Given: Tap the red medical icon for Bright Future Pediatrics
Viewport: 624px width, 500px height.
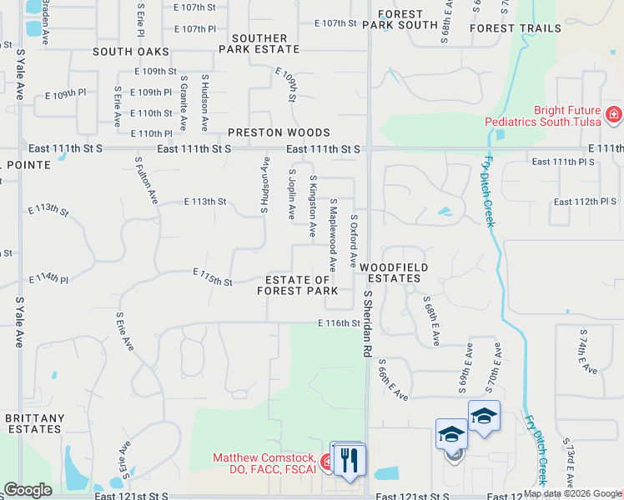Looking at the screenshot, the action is tap(614, 114).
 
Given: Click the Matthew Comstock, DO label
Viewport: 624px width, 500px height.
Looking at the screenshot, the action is tap(264, 463).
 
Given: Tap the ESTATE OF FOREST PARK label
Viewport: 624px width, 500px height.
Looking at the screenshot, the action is tap(298, 285).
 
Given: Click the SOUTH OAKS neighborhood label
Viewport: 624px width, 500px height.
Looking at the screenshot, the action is tap(131, 52).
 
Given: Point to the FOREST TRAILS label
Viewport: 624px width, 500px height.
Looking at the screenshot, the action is tap(516, 28).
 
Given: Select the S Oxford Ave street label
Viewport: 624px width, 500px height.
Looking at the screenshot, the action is tap(354, 242).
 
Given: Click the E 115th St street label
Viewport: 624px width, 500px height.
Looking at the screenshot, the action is tap(212, 277).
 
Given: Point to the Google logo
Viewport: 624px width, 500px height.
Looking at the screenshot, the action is tap(28, 490).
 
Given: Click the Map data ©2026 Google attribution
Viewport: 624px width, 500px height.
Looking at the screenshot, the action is tap(571, 493).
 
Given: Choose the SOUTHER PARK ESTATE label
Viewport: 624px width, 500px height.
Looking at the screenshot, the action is tap(259, 43).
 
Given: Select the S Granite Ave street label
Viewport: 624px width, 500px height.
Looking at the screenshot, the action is tap(183, 102).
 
